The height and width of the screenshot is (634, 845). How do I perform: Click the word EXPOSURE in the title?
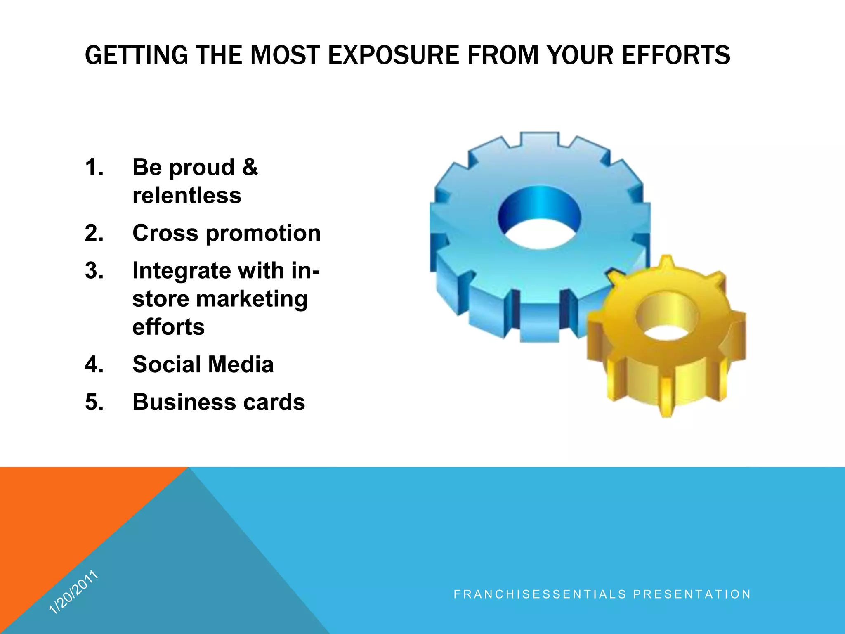point(393,55)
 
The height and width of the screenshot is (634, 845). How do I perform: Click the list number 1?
point(94,168)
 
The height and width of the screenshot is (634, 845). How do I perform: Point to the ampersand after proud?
point(250,167)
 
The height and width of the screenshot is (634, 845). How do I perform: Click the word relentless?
point(186,196)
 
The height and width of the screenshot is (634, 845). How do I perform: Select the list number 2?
point(94,233)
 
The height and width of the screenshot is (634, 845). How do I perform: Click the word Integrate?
point(180,272)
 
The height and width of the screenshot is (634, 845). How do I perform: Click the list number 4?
point(94,365)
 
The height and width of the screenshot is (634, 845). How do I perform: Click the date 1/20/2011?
point(73,591)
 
